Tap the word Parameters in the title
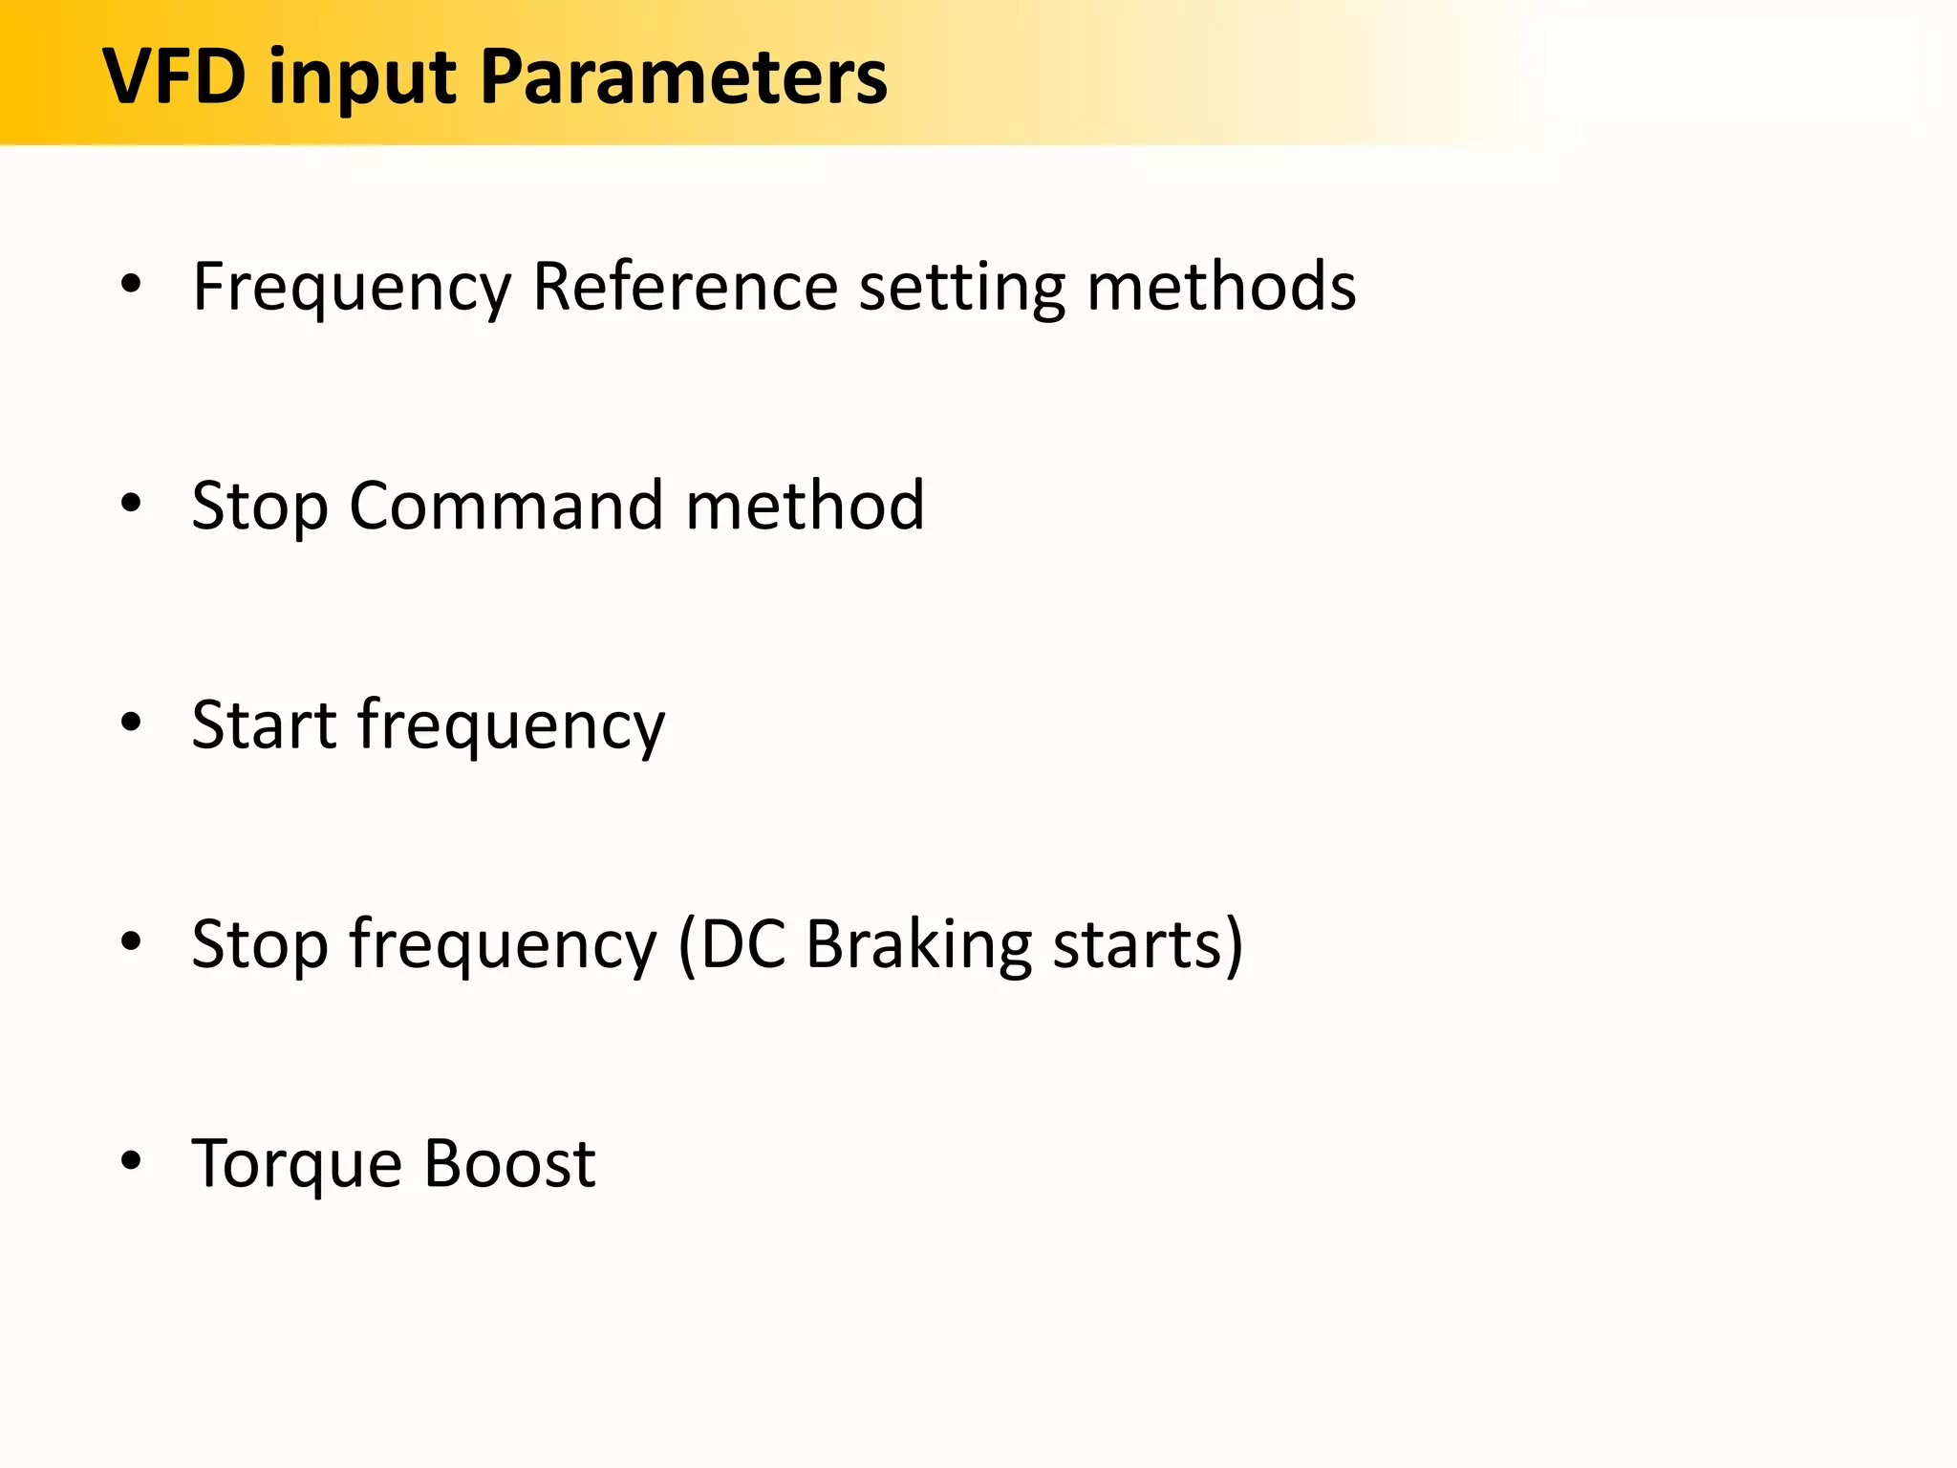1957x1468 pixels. coord(684,76)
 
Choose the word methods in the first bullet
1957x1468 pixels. coord(1221,286)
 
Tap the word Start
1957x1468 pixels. coord(264,724)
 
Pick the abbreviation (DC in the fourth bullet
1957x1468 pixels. coord(732,944)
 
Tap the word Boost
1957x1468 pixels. coord(509,1163)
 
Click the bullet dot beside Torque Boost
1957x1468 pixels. coord(131,1161)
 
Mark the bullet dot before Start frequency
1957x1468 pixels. coord(131,723)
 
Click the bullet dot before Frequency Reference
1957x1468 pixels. coord(131,283)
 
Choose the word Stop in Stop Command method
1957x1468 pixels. coord(260,507)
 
